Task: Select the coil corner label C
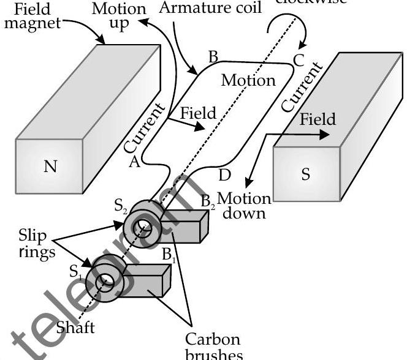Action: (x=299, y=60)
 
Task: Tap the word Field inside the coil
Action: (x=199, y=113)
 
